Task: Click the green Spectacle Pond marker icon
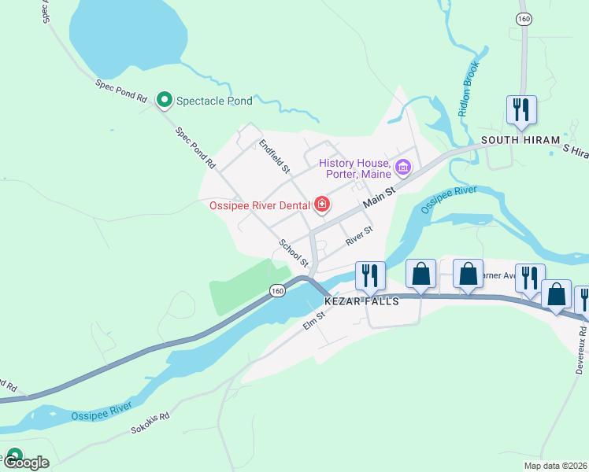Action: pyautogui.click(x=165, y=100)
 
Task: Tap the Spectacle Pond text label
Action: pyautogui.click(x=214, y=101)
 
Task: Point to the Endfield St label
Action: pyautogui.click(x=275, y=157)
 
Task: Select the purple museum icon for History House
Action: pyautogui.click(x=404, y=166)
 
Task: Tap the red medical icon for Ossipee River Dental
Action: pyautogui.click(x=321, y=205)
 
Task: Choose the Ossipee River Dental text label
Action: pyautogui.click(x=259, y=206)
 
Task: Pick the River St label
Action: pyautogui.click(x=357, y=234)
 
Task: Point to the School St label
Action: pyautogui.click(x=292, y=253)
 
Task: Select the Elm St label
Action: pyautogui.click(x=314, y=319)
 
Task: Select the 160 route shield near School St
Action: pyautogui.click(x=276, y=291)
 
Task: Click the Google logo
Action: pyautogui.click(x=27, y=462)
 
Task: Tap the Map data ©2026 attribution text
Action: pyautogui.click(x=555, y=466)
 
